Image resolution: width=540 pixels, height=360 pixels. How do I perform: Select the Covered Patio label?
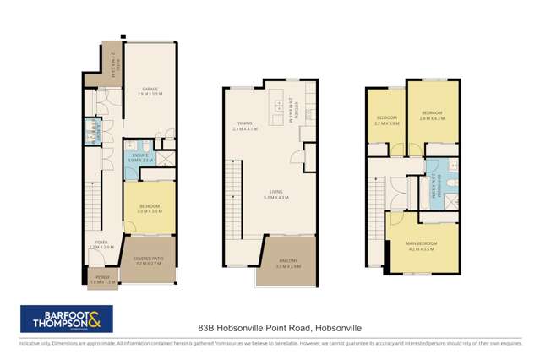(147, 261)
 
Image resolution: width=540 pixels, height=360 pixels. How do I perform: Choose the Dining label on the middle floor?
(245, 128)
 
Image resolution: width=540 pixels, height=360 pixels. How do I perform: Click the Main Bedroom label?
(420, 247)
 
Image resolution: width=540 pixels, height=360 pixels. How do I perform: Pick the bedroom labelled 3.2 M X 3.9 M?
(387, 119)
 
